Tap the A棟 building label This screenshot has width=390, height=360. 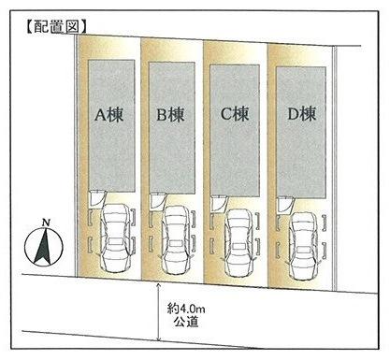(109, 116)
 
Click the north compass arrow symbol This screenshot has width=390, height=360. (44, 247)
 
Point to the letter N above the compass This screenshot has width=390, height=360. (45, 223)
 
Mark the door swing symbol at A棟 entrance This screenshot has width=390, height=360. (95, 197)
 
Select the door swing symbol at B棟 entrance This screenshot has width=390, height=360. (157, 199)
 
